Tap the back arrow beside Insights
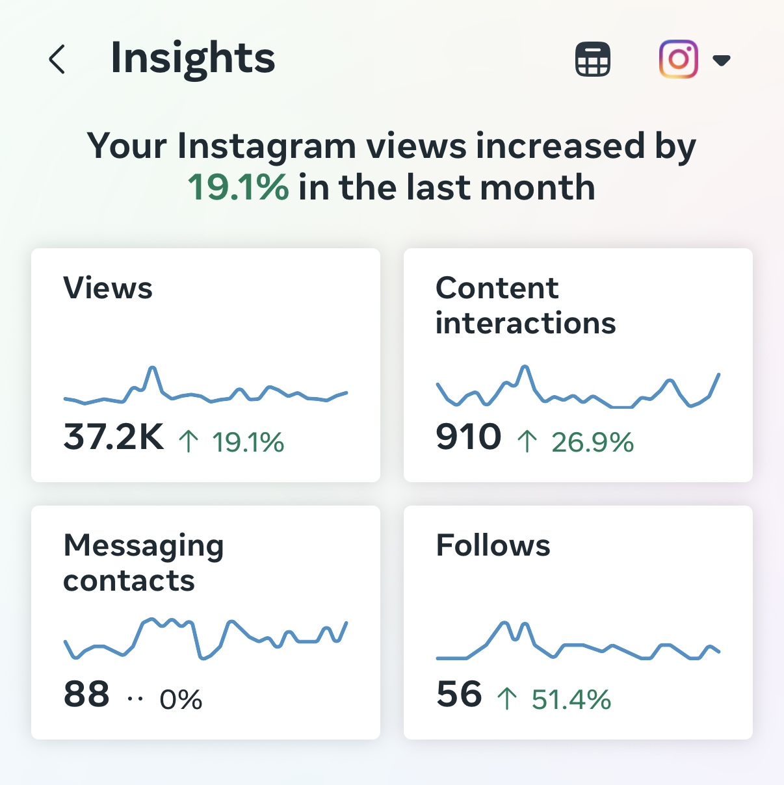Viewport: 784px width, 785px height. tap(57, 59)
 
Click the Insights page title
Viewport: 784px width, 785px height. tap(192, 58)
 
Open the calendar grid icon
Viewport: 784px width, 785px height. tap(592, 59)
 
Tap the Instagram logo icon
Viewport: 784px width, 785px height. tap(678, 59)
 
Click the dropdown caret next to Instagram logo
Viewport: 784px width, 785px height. tap(722, 60)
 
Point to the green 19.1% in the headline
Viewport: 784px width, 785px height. tap(238, 188)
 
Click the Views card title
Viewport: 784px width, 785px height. tap(108, 288)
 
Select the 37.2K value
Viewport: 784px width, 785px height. tap(114, 437)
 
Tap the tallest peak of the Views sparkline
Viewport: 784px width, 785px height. tap(153, 368)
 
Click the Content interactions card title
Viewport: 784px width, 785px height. tap(525, 305)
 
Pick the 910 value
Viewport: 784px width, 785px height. tap(469, 437)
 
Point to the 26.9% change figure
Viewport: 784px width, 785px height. tap(592, 443)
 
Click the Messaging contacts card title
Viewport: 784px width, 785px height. tap(143, 563)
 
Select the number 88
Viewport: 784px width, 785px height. tap(86, 694)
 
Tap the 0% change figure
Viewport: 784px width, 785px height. tap(181, 700)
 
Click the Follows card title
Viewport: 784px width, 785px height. tap(493, 545)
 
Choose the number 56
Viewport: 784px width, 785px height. tap(459, 694)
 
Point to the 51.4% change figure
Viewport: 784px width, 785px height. tap(571, 700)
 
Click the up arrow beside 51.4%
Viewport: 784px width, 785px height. tap(507, 699)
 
